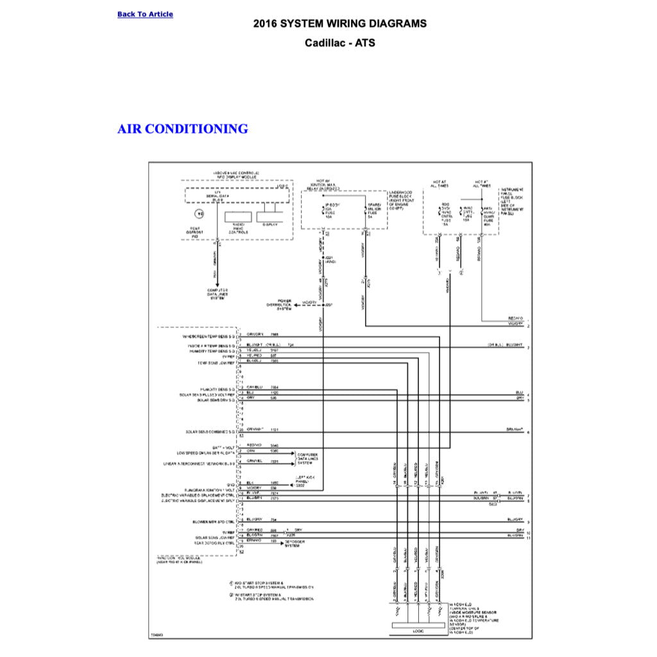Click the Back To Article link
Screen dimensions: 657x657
[x=145, y=14]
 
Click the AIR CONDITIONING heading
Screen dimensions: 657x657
[x=183, y=129]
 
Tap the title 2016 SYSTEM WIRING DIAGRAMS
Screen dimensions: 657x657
[x=339, y=24]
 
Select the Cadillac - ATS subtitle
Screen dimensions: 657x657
[x=339, y=44]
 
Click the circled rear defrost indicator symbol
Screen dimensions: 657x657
[x=200, y=214]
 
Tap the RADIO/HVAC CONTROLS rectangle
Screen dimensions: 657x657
[x=237, y=218]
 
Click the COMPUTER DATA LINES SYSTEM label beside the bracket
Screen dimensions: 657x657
[x=308, y=458]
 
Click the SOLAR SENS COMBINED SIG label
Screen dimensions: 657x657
[x=210, y=432]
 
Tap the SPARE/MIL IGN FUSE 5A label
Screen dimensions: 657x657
[x=374, y=210]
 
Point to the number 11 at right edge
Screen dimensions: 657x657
[x=528, y=538]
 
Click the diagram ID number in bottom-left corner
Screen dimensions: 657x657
[x=157, y=635]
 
